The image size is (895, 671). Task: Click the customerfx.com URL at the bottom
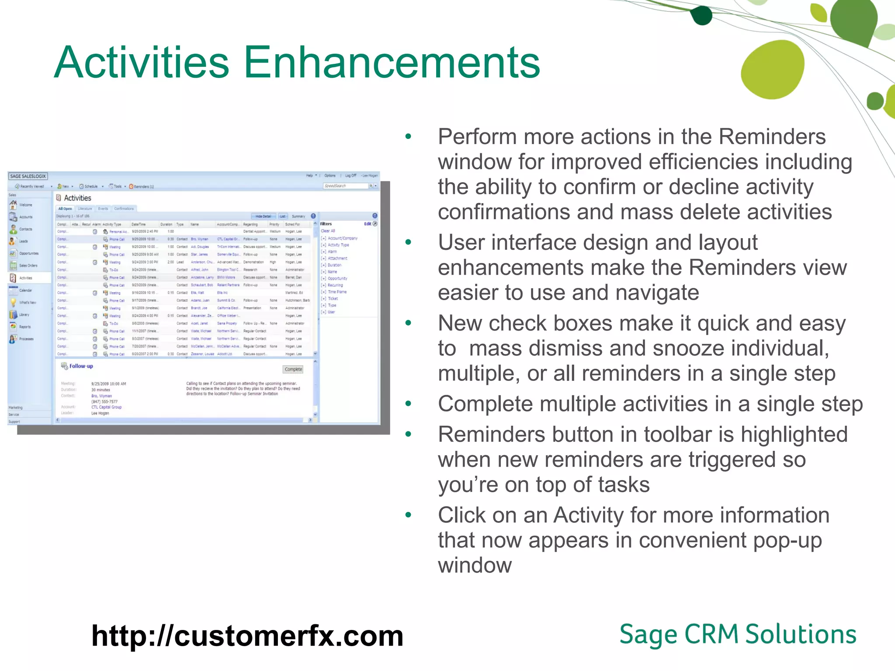(x=247, y=636)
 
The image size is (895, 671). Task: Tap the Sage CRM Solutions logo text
(x=738, y=634)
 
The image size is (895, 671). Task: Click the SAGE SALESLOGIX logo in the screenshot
(x=28, y=176)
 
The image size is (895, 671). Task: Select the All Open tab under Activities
(x=65, y=209)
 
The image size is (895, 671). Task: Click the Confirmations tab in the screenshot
(x=124, y=209)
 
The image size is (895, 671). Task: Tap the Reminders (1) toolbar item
(x=142, y=187)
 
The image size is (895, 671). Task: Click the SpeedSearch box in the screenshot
(x=345, y=186)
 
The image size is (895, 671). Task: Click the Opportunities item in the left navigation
(x=28, y=253)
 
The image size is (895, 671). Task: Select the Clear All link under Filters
(x=328, y=231)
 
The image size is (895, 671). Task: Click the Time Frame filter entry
(x=337, y=292)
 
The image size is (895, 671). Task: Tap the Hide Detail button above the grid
(x=263, y=216)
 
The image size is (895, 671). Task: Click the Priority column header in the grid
(x=274, y=225)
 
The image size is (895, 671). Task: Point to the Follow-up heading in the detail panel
(x=81, y=366)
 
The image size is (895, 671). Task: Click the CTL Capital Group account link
(x=106, y=407)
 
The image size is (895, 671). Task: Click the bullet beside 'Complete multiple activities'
(x=408, y=404)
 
